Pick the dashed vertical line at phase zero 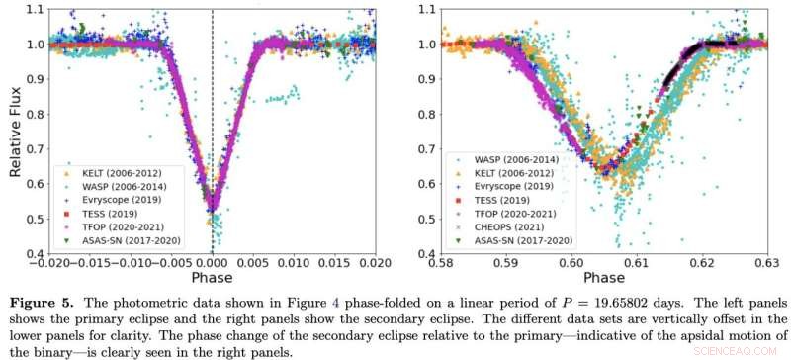[213, 99]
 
